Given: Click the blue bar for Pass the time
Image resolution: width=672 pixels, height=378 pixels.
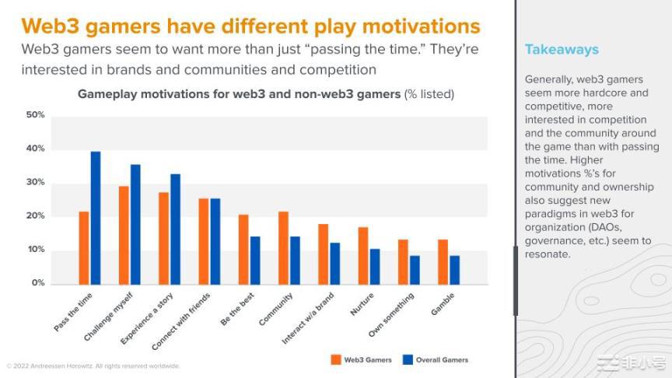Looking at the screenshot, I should coord(96,218).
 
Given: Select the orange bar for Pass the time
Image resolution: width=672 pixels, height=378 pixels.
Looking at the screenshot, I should coord(84,247).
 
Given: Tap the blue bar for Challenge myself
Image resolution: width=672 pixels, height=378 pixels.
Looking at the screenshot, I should coord(135,224).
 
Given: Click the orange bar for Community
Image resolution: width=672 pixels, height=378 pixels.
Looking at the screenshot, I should coord(283,247).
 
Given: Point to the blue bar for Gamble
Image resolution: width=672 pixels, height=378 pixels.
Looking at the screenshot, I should coord(455,269).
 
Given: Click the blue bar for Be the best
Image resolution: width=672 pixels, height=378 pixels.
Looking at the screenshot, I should coord(255,260).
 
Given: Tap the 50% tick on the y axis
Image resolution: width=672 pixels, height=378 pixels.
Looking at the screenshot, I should coord(36,115).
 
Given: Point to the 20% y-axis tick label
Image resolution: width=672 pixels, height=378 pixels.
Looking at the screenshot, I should coord(36,216).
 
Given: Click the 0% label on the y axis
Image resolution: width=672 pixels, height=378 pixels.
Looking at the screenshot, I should coord(37,283).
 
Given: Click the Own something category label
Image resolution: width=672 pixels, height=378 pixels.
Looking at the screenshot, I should coord(391,314).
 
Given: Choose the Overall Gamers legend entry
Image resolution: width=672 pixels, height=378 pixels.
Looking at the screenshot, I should coord(436,359).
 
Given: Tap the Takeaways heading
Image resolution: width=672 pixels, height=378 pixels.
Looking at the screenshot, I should coord(562,50).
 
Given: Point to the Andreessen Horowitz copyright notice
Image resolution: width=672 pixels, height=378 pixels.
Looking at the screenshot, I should coord(93,366).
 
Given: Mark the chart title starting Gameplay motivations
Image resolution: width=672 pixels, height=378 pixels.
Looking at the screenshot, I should coord(266,94).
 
